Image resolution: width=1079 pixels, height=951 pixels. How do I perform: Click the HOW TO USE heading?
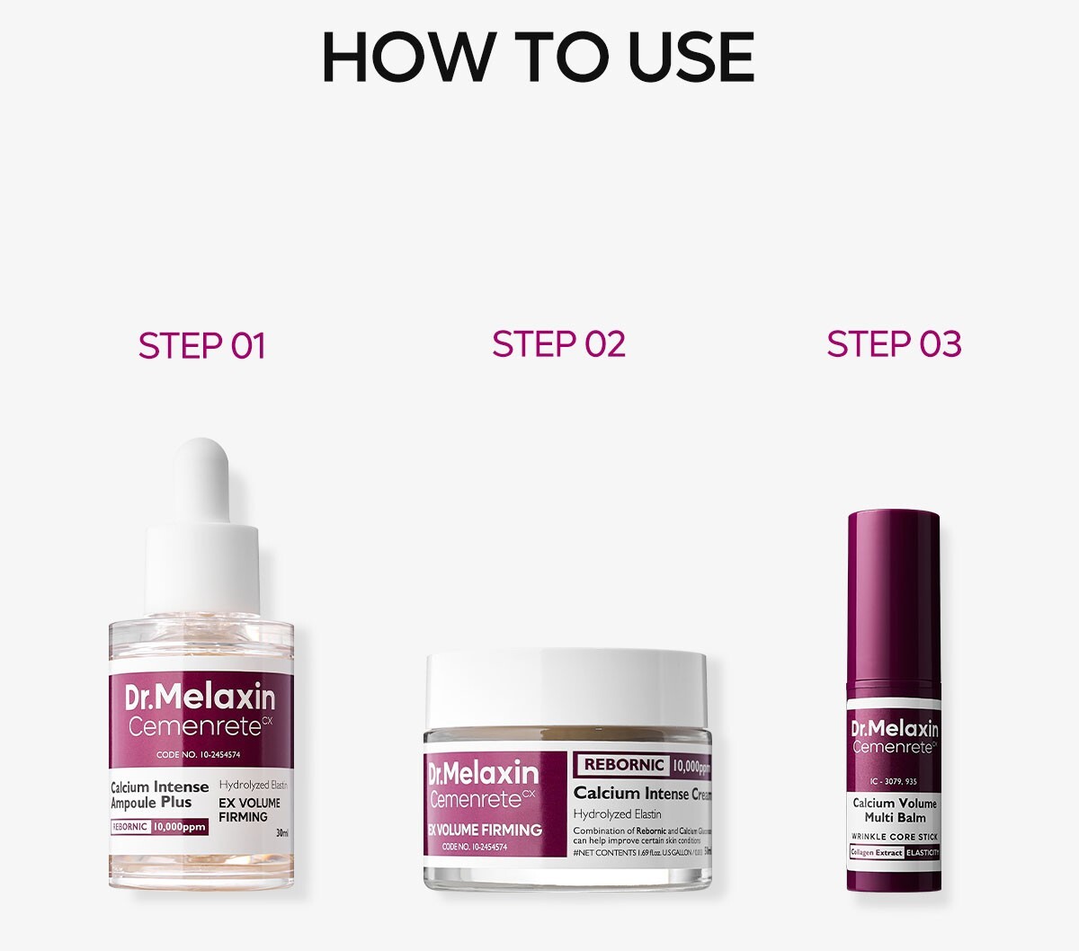coord(538,58)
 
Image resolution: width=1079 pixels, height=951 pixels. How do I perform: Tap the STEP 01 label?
coord(202,346)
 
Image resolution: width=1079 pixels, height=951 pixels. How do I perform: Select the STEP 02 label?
coord(558,343)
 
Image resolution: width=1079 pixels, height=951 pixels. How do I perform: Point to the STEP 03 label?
coord(894,343)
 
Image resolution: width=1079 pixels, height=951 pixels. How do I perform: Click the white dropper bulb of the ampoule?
coord(201,476)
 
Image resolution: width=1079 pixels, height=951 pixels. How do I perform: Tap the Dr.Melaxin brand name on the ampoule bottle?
coord(200,698)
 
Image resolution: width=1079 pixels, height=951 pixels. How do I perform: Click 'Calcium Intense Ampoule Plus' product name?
coord(158,795)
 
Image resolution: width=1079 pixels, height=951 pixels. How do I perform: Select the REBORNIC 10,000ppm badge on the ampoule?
coord(159,827)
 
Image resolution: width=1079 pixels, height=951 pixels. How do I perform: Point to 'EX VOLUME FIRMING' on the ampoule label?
coord(249,810)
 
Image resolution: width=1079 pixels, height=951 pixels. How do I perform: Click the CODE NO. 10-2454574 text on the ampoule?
coord(198,755)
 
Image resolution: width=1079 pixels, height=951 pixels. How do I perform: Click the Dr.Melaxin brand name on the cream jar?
coord(483,773)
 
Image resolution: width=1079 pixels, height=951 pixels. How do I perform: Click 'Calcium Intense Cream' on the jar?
coord(642,793)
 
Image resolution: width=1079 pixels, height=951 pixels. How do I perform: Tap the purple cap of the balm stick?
coord(894,593)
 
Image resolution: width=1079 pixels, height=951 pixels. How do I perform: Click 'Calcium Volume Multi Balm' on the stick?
coord(895,810)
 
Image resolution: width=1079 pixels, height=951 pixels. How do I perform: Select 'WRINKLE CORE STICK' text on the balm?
coord(895,837)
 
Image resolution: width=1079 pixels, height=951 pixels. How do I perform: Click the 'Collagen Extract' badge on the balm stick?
coord(877,852)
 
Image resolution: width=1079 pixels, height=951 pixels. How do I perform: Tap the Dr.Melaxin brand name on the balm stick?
coord(895,729)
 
